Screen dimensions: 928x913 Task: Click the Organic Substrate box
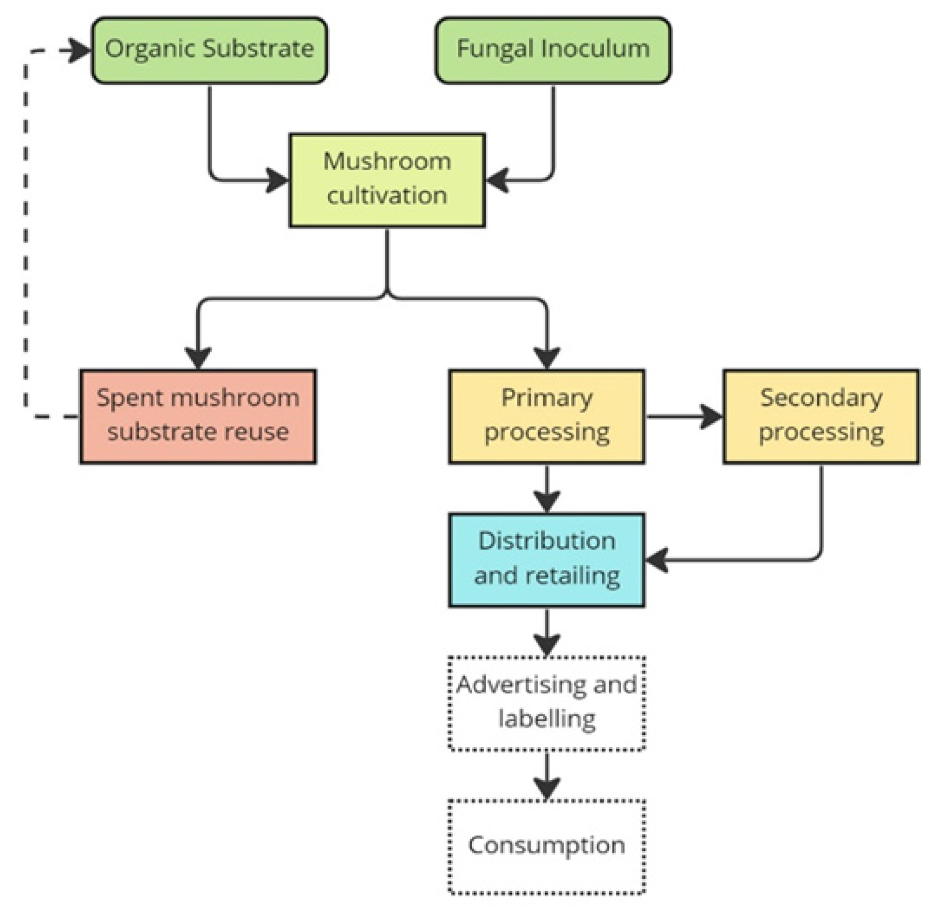point(209,50)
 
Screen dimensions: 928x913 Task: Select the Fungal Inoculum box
point(553,50)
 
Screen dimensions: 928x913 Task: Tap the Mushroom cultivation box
point(387,180)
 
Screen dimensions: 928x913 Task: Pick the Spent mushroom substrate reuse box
point(198,416)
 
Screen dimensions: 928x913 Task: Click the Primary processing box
point(547,416)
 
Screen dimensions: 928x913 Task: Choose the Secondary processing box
point(821,416)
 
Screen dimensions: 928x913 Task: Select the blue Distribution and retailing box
point(547,560)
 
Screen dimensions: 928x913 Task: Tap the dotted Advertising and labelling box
point(547,703)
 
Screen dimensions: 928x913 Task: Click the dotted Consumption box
point(547,846)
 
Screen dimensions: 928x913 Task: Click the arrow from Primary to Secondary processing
point(684,416)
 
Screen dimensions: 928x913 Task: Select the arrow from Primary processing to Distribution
point(547,488)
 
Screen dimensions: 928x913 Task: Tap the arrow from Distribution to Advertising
point(547,632)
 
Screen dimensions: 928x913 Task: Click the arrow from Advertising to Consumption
point(547,775)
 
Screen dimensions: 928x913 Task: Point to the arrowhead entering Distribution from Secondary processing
point(657,560)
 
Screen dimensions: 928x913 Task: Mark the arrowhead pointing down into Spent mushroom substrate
point(198,358)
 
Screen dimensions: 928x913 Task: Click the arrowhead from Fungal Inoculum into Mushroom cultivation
point(497,180)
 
